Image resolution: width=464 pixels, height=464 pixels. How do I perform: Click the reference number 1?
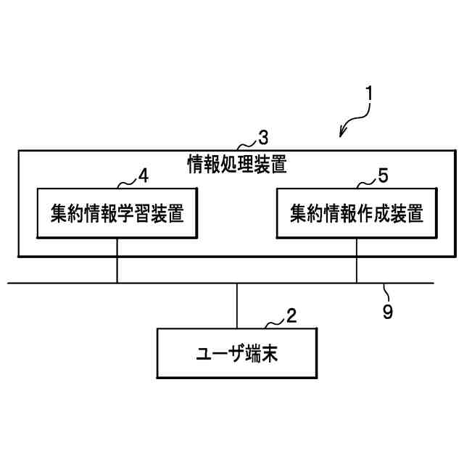coord(370,94)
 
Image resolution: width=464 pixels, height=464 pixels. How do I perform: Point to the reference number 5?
coord(383,176)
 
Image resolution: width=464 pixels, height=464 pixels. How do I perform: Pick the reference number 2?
coord(291,315)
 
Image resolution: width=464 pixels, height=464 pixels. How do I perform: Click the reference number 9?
coord(387,312)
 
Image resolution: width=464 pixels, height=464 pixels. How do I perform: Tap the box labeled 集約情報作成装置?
coord(356,213)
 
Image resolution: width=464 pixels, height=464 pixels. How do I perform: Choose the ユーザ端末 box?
coord(237,353)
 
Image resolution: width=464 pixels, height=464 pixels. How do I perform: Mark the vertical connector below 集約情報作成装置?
coord(356,260)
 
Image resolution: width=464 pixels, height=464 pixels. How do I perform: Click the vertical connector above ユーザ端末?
coord(237,305)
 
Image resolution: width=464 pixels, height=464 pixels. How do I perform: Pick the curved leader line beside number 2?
coord(273,322)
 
